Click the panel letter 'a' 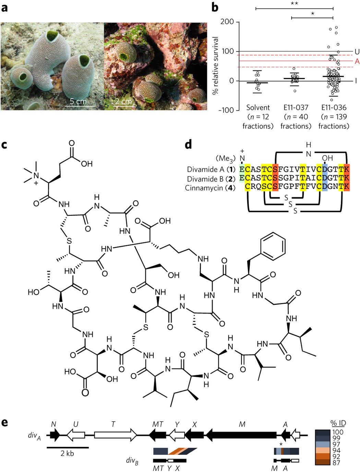4,8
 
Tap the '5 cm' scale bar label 78,101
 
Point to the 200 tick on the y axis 227,22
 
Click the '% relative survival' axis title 215,66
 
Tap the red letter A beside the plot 357,61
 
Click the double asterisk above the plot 294,4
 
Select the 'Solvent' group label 258,108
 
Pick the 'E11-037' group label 296,108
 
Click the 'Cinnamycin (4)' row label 210,188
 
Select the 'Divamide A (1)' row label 211,170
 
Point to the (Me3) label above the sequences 225,159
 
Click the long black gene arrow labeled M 242,435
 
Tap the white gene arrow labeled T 115,435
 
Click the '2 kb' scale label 67,453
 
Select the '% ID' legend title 338,423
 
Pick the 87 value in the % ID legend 336,463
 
